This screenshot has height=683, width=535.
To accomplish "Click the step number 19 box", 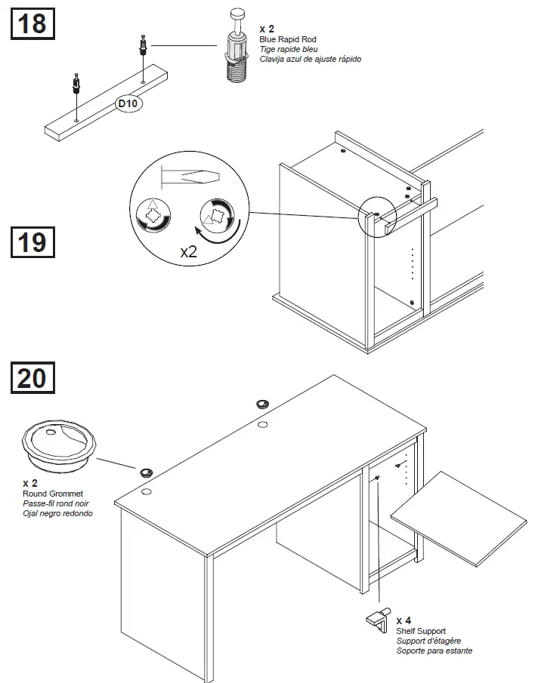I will (x=32, y=243).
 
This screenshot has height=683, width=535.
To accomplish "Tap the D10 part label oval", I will (x=128, y=105).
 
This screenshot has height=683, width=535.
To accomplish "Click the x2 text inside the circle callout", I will (x=189, y=251).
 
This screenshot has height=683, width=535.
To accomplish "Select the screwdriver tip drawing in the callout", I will (x=190, y=177).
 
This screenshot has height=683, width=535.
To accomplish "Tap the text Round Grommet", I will (x=53, y=494).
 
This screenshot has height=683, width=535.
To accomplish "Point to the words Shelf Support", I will (x=421, y=631).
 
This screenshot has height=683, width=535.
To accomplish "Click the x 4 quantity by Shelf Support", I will (x=404, y=620).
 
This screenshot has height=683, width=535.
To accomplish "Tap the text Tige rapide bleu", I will (x=289, y=49).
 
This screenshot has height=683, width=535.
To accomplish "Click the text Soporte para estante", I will (x=434, y=651).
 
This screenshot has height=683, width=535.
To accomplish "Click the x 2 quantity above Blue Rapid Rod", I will (x=266, y=29).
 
